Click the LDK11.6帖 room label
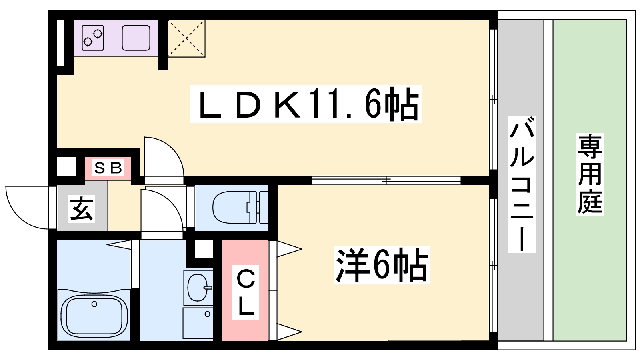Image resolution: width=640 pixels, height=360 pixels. point(306,104)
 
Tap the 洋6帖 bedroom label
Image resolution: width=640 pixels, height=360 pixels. point(382,264)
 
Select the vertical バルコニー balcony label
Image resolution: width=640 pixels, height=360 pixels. point(522,184)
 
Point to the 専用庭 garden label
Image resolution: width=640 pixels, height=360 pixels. point(590,174)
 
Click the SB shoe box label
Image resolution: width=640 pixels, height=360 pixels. point(108,168)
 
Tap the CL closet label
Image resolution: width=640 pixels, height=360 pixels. point(245,292)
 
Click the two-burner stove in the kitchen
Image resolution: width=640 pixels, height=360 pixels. point(92,38)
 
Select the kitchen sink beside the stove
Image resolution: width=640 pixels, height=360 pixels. point(136,38)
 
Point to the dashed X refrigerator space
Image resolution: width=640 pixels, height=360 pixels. point(186,38)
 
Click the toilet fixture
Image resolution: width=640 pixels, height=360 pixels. point(240,207)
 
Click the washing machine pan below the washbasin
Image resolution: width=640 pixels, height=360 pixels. point(198,323)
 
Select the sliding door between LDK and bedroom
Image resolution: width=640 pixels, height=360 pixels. point(386,180)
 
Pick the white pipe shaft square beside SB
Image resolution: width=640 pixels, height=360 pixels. point(66,166)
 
